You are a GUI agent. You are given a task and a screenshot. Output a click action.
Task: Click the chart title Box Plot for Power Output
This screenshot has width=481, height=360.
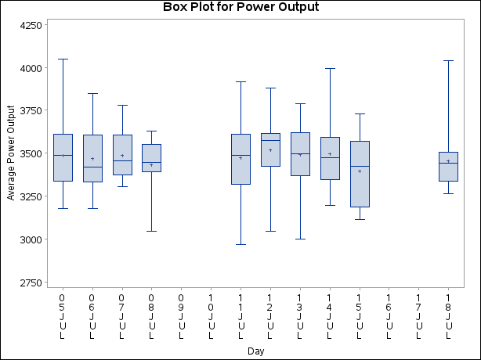click(x=240, y=8)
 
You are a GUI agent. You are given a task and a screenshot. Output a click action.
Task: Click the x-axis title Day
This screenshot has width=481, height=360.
click(x=255, y=351)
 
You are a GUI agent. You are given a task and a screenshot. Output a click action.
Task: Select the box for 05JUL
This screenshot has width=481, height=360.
click(x=63, y=157)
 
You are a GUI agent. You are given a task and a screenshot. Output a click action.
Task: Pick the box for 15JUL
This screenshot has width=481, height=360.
click(x=360, y=174)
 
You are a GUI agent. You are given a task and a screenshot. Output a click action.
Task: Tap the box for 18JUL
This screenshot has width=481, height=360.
click(x=448, y=167)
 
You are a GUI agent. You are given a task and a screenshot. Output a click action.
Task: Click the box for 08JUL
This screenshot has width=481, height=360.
click(x=151, y=157)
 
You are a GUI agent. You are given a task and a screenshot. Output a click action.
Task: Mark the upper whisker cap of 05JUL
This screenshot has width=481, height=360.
click(x=63, y=59)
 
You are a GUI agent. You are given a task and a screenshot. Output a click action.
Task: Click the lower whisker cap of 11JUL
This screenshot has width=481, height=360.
click(x=240, y=244)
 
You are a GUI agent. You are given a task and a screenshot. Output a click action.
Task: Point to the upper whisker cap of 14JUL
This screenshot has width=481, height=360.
click(x=330, y=68)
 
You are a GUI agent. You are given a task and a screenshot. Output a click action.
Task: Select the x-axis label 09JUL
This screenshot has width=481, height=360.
click(x=181, y=316)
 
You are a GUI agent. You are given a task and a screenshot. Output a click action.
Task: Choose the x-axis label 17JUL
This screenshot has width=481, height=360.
click(x=418, y=316)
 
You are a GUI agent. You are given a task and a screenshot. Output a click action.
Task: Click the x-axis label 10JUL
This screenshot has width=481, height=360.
click(x=211, y=316)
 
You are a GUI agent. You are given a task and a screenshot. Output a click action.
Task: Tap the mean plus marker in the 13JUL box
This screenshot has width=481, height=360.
click(x=300, y=155)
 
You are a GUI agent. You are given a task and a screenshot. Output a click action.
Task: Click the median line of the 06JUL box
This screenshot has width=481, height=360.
click(x=92, y=167)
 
